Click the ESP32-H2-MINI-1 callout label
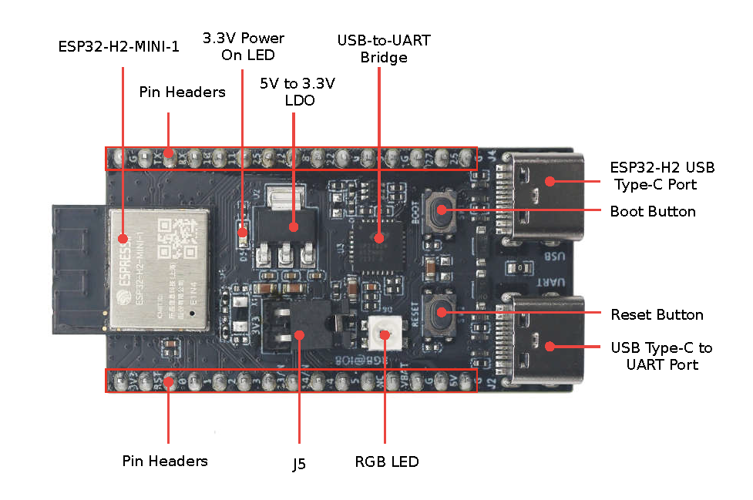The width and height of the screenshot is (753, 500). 119,47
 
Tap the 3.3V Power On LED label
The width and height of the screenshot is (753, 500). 243,46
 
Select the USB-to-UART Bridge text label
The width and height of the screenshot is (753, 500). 383,49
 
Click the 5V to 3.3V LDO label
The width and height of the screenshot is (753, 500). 299,91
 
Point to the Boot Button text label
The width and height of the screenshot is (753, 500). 652,212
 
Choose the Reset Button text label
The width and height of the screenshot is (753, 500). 657,315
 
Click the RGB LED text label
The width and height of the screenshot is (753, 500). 387,462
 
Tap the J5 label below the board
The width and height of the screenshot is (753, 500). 298,465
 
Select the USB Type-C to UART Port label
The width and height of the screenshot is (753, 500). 661,356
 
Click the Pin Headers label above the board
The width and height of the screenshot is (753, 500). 182,92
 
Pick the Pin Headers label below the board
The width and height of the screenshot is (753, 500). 165,461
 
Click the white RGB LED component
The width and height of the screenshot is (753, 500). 384,333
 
